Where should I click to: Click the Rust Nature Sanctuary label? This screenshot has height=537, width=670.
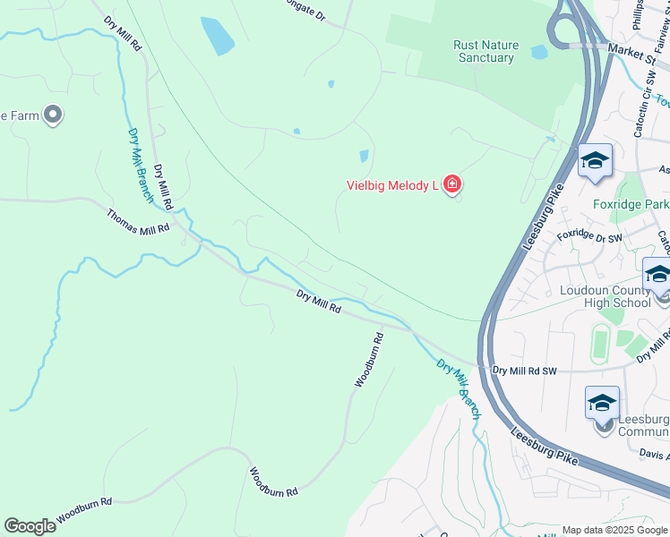(x=484, y=51)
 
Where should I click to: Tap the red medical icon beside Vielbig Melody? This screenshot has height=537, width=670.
(x=452, y=185)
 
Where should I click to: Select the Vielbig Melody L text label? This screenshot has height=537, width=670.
(x=391, y=186)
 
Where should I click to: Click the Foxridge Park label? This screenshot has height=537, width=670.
(x=631, y=204)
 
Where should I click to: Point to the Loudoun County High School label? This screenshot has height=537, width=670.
(x=605, y=296)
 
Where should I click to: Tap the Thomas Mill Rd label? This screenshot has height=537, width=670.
(x=138, y=222)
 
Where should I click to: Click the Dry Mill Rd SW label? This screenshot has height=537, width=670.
(x=525, y=370)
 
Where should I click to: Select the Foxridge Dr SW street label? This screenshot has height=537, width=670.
(x=588, y=238)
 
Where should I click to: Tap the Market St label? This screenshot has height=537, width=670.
(x=631, y=52)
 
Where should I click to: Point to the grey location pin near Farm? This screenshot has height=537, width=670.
(x=52, y=114)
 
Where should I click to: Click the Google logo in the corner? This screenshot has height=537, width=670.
(x=30, y=526)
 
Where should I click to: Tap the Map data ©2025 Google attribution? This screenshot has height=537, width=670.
(x=614, y=530)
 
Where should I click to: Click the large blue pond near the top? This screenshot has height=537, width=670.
(x=218, y=36)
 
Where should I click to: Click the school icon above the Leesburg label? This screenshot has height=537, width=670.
(x=602, y=403)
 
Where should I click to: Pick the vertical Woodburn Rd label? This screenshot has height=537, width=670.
(x=368, y=360)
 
